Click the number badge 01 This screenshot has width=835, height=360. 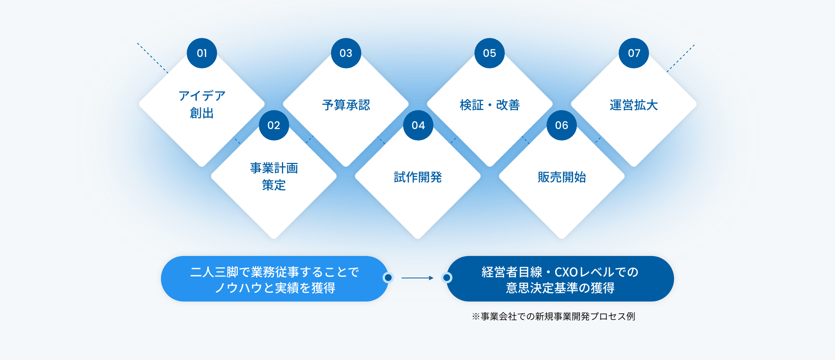click(x=202, y=53)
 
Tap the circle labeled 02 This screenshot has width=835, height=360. click(x=274, y=125)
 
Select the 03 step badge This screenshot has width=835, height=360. click(x=346, y=53)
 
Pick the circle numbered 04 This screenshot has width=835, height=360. click(x=418, y=125)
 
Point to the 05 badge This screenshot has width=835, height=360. click(x=490, y=53)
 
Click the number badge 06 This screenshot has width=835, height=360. click(x=562, y=125)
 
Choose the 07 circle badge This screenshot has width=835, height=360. click(x=634, y=53)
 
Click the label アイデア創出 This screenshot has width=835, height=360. click(x=202, y=104)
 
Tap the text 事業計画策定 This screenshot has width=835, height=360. click(x=274, y=177)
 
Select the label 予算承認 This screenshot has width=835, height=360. click(x=346, y=105)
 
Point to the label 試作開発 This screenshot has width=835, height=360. click(x=418, y=177)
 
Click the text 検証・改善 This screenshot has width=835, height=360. click(x=490, y=105)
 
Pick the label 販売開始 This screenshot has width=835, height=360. click(x=562, y=177)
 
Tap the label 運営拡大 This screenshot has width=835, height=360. click(x=634, y=105)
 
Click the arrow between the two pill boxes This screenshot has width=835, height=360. click(x=417, y=278)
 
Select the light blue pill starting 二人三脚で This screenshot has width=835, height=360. click(x=274, y=279)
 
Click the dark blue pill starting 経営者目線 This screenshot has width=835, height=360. click(x=560, y=279)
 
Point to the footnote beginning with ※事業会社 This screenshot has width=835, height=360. click(x=553, y=316)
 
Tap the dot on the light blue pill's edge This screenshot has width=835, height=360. click(x=388, y=278)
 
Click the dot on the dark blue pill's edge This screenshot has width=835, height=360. click(x=447, y=278)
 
